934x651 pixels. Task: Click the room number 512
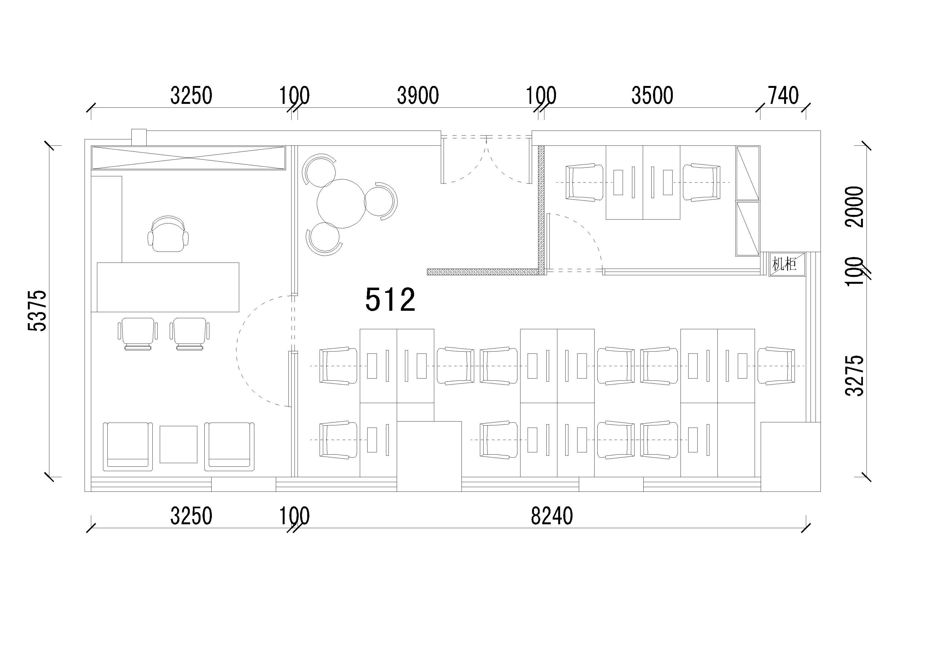coord(390,299)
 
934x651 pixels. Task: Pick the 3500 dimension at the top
coord(652,96)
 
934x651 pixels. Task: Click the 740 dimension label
coord(784,96)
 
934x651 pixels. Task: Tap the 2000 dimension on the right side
coord(854,207)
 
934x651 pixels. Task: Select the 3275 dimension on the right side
coord(854,376)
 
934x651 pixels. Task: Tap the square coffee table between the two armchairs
coord(178,444)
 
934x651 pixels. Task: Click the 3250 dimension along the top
coord(191,96)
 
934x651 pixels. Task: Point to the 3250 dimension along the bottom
coord(191,516)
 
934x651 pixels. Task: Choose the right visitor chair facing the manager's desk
coord(190,334)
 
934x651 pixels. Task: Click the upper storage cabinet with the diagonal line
coord(747,173)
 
